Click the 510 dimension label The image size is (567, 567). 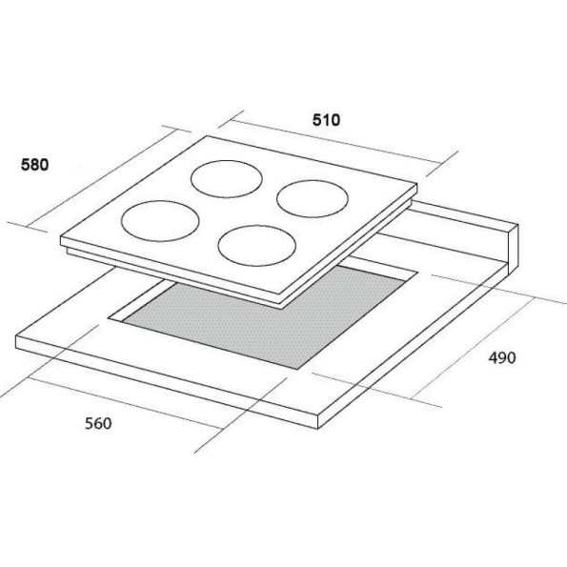click(x=326, y=120)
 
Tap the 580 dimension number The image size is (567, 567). click(x=34, y=165)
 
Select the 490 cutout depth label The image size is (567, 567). click(x=502, y=357)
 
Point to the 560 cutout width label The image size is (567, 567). click(x=98, y=423)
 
